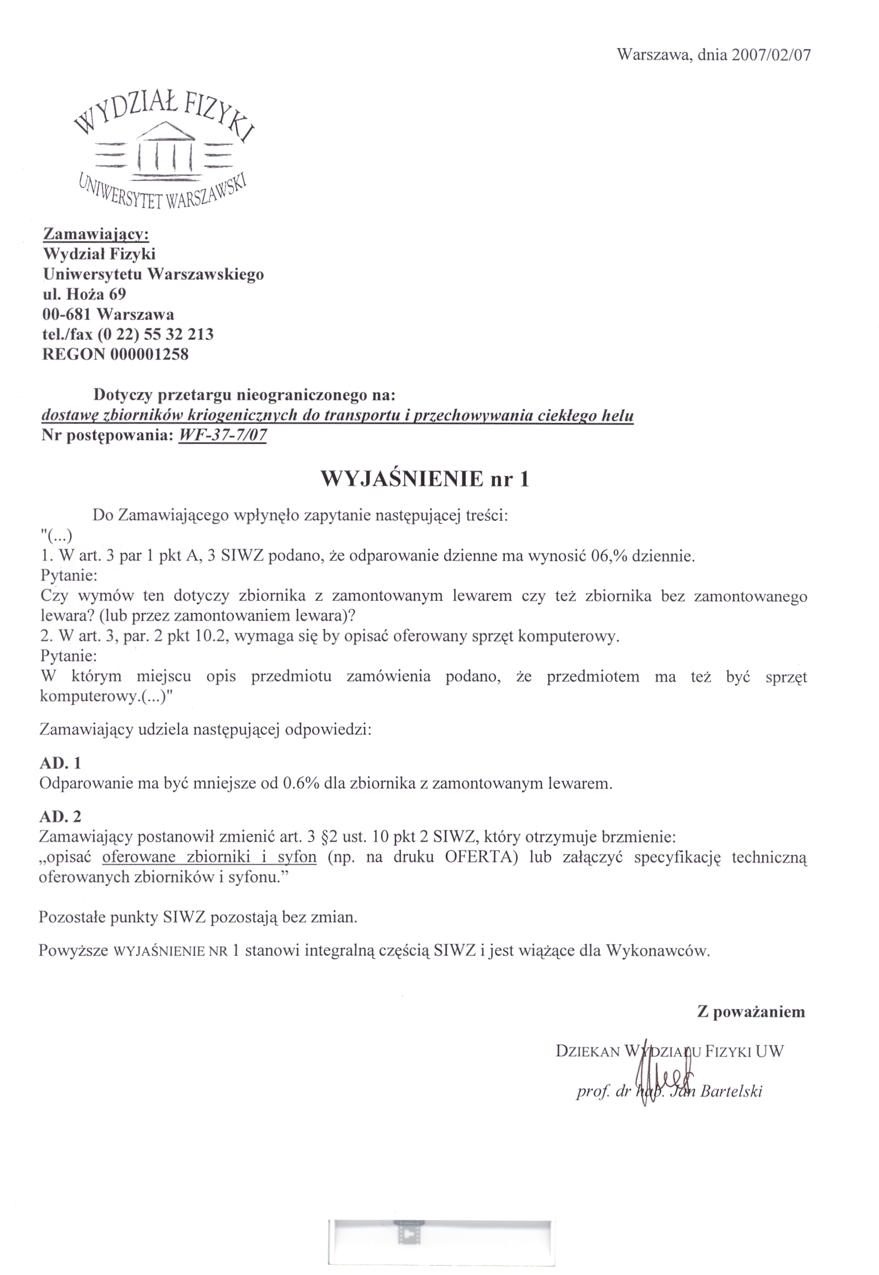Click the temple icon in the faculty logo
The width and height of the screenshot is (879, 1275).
click(164, 150)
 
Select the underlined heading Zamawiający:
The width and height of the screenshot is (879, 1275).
click(96, 234)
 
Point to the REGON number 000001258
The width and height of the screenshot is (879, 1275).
click(149, 354)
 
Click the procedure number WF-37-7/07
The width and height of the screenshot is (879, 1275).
click(223, 435)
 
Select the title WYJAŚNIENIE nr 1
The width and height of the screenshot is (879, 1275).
click(424, 479)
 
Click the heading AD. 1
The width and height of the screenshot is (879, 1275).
click(60, 763)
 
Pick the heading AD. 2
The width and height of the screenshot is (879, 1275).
click(60, 816)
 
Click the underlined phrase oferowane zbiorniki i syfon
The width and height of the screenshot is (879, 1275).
click(209, 857)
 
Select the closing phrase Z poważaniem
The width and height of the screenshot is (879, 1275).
click(751, 1012)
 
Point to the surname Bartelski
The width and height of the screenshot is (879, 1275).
click(731, 1091)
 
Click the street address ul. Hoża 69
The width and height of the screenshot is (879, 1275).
click(84, 294)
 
